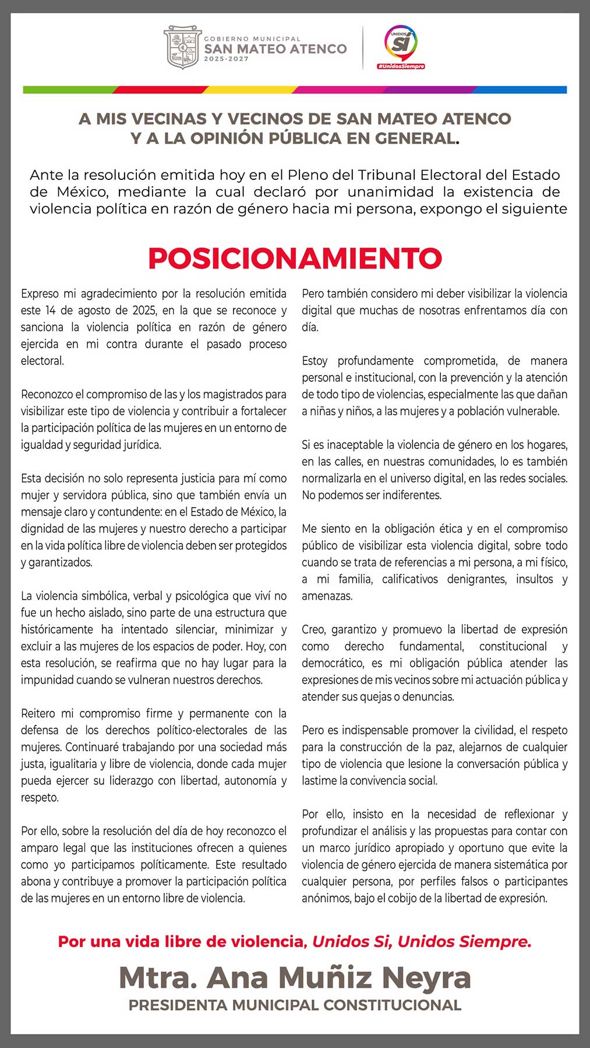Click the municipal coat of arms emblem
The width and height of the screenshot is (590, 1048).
point(182,47)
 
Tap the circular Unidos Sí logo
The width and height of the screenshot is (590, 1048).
point(401,43)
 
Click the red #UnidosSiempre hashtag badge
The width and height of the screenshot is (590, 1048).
point(401,66)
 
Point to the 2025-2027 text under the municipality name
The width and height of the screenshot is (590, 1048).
point(226,59)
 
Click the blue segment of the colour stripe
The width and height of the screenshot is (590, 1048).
point(521,90)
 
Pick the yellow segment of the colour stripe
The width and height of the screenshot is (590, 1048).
point(250,90)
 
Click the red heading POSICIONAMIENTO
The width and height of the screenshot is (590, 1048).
point(295,258)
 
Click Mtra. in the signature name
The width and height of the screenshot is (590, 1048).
point(157,977)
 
